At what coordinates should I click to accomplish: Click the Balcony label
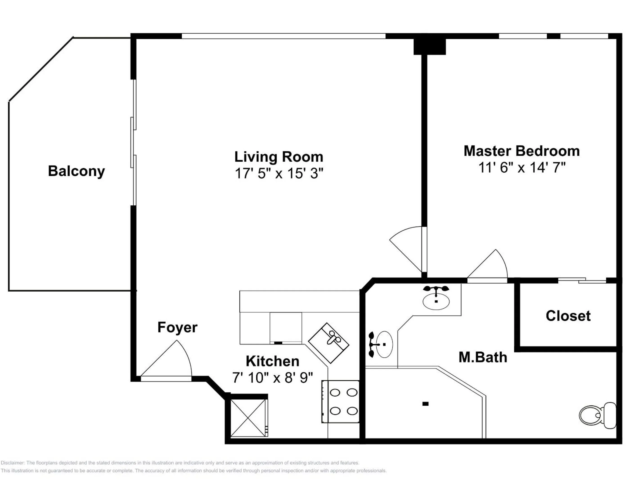coord(76,171)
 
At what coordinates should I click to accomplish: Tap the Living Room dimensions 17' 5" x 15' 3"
coord(279,174)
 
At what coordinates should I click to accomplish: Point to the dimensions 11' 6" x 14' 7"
coord(522,167)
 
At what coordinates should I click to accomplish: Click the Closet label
coord(568,316)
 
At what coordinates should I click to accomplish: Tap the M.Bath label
coord(483,357)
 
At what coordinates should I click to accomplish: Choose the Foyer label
coord(177,327)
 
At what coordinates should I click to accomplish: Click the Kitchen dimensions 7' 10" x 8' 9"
coord(272,378)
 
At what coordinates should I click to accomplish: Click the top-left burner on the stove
coord(335,393)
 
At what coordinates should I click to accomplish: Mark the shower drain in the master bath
coord(425,404)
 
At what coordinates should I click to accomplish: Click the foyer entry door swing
coord(170,362)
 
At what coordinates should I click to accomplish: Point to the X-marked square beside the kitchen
coord(248,418)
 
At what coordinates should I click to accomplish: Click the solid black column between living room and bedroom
coord(430,46)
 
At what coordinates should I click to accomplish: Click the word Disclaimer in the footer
coord(13,463)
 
